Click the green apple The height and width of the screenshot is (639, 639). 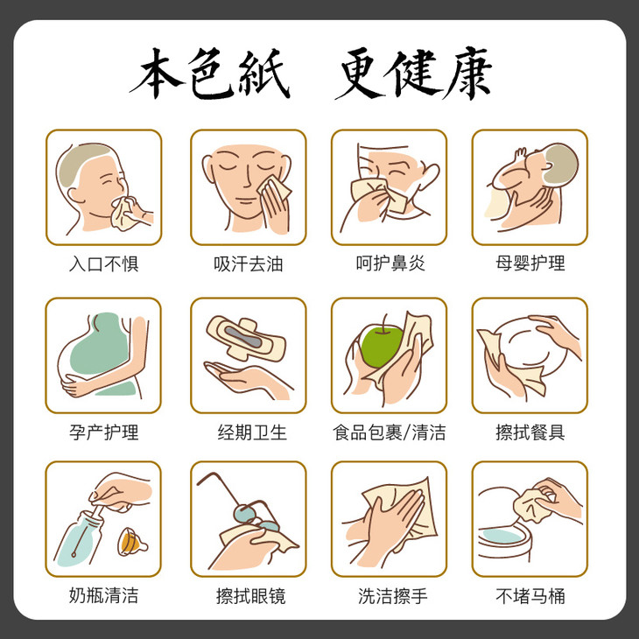click(381, 346)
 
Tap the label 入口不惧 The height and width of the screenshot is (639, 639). click(104, 263)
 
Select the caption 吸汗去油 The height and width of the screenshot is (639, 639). click(249, 263)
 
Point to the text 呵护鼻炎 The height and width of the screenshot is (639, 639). click(390, 263)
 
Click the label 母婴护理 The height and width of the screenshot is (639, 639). click(530, 263)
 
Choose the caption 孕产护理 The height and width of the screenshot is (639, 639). click(104, 432)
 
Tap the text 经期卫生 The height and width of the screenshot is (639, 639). click(252, 432)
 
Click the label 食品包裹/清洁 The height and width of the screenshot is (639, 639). click(390, 432)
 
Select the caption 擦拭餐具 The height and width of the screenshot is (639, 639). click(530, 432)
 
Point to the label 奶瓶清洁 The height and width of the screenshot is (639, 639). click(104, 595)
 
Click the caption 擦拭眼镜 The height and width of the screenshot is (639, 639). click(250, 596)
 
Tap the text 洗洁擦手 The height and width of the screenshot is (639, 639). click(393, 596)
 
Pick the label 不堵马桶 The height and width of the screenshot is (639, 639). click(530, 596)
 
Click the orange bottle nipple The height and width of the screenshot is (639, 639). click(132, 542)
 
